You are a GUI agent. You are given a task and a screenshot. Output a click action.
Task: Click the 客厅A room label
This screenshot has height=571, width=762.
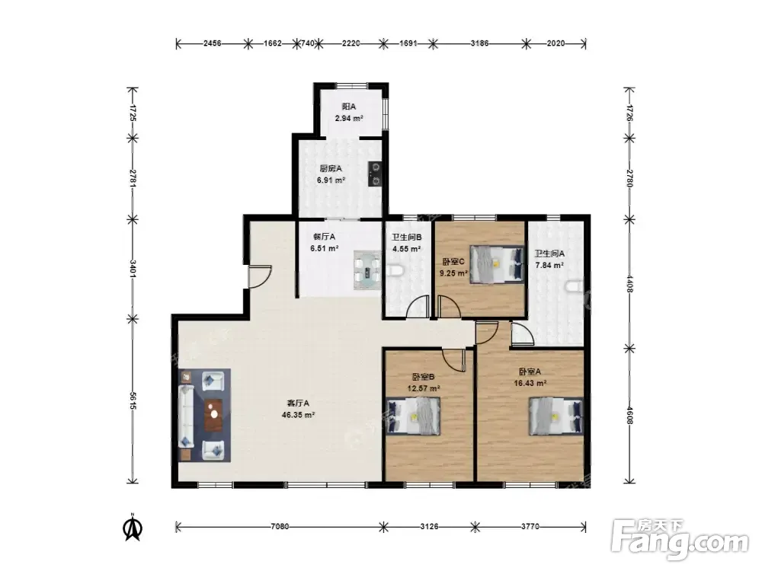[x=298, y=403]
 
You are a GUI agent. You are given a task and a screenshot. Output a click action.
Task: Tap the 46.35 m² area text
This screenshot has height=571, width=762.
[x=299, y=415]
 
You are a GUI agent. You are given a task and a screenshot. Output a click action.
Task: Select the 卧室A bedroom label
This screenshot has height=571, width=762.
[x=530, y=372]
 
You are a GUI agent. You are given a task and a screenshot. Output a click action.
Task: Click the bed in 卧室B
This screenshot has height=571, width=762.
[x=414, y=416]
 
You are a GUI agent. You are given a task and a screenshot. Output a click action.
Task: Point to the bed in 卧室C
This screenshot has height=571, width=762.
[x=497, y=263]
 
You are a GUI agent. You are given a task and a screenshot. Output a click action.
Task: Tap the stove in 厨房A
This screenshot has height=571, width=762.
[x=375, y=174]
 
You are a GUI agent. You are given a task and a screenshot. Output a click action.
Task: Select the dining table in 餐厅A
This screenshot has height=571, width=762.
[x=367, y=270]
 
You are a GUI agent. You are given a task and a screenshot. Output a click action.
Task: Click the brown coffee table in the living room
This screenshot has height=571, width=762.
[x=214, y=415]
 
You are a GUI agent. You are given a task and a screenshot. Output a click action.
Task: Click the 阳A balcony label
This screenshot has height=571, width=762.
[x=348, y=107]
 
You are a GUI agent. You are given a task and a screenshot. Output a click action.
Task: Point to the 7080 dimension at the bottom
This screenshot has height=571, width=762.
[x=280, y=526]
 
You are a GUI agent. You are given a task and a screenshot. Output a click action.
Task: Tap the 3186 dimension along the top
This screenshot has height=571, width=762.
[x=479, y=43]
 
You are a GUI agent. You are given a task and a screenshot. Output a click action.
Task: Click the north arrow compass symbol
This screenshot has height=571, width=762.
[x=132, y=527]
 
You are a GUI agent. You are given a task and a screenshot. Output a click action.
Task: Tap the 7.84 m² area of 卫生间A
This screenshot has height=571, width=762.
[x=549, y=266]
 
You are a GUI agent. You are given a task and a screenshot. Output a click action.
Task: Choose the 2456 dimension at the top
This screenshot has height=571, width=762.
[x=212, y=43]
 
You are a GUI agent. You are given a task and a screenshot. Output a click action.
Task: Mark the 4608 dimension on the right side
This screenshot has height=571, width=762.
[x=630, y=414]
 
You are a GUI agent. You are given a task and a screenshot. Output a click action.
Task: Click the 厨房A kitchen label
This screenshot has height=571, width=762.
[x=331, y=168]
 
